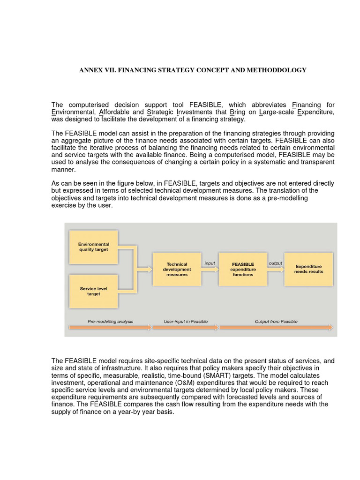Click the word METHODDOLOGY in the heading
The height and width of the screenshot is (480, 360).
coord(279,70)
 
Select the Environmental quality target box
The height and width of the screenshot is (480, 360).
coord(93,247)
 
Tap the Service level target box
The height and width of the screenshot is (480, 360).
coord(93,291)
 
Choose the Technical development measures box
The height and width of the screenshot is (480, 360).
coord(177,269)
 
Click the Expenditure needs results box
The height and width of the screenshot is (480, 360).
coord(308,269)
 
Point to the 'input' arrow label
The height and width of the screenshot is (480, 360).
coord(210,263)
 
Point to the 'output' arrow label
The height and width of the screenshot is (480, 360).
coord(275,263)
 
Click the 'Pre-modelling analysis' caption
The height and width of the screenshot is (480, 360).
coord(110,322)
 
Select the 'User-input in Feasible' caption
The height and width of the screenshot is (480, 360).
coord(186,322)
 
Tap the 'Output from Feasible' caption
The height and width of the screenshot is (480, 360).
coord(276,322)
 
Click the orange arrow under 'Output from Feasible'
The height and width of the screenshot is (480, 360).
coord(276,328)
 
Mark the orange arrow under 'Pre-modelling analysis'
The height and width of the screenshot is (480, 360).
coord(110,328)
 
